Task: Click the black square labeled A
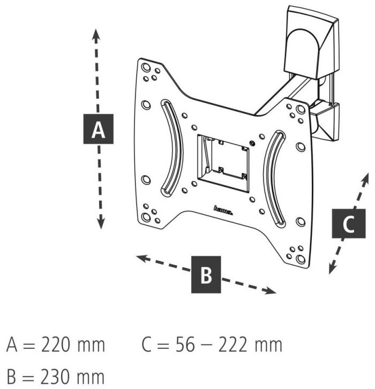(98, 129)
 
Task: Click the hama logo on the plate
(223, 211)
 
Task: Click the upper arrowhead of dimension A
(96, 33)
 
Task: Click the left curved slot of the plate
(170, 147)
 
